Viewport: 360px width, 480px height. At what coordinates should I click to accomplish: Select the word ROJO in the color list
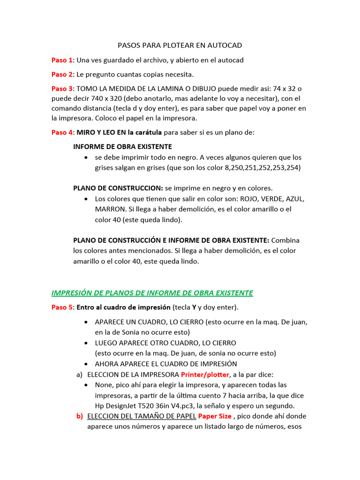(x=249, y=198)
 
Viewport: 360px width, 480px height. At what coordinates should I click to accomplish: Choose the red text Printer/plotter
(x=205, y=375)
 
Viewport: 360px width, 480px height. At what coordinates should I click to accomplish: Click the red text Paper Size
(x=215, y=416)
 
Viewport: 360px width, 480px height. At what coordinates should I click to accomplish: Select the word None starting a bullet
(x=104, y=385)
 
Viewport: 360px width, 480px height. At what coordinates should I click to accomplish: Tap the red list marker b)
(x=80, y=416)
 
